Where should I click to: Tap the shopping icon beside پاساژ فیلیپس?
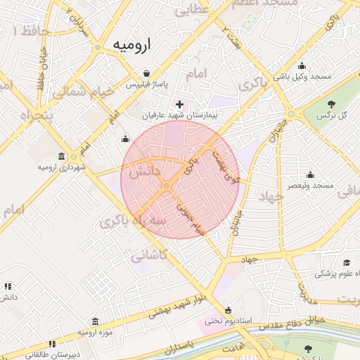click(146, 73)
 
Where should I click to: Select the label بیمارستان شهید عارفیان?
click(179, 114)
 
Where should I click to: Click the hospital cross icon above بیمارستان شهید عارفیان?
click(179, 104)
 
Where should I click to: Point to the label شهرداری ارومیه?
click(62, 167)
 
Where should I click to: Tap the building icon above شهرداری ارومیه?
click(62, 157)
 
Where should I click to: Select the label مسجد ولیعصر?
click(309, 185)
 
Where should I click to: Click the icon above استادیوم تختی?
click(227, 311)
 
